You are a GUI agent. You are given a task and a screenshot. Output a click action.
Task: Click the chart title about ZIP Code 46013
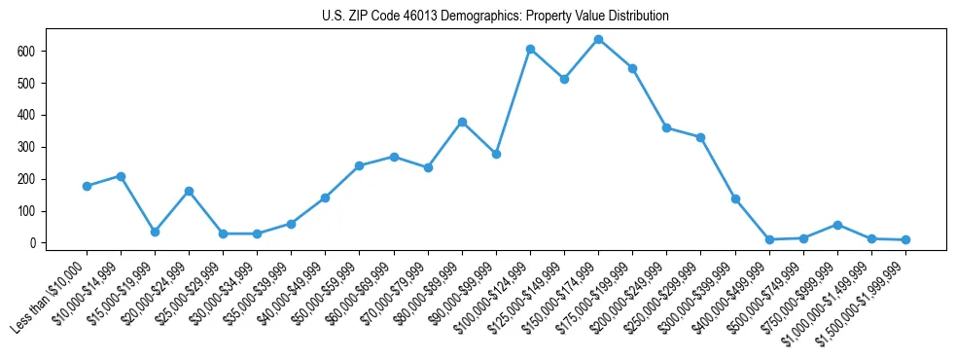click(495, 17)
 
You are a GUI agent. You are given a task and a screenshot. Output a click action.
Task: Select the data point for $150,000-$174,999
click(598, 39)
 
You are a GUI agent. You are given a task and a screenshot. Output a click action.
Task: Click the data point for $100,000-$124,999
click(530, 49)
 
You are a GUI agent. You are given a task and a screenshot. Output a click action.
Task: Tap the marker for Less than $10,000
click(87, 186)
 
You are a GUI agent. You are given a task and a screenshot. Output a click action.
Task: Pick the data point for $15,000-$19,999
click(155, 232)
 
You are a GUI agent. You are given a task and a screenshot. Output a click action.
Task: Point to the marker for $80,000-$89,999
click(462, 122)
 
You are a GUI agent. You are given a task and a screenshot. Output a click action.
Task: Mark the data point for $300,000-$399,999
click(735, 198)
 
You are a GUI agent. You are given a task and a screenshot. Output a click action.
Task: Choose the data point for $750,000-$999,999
click(837, 225)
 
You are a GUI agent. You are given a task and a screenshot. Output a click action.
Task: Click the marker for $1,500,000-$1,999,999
click(905, 239)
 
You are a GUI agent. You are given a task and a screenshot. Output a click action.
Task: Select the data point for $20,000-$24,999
click(189, 191)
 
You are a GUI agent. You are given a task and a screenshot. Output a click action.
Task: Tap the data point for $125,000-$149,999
click(564, 79)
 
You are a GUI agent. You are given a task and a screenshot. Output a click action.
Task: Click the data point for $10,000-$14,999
click(121, 176)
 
